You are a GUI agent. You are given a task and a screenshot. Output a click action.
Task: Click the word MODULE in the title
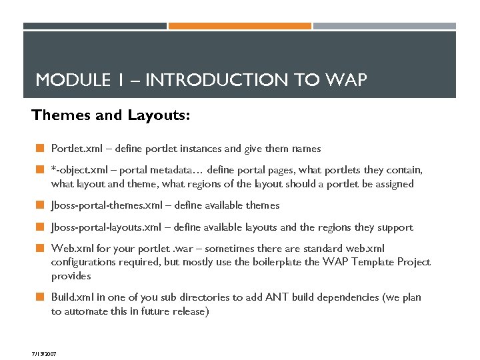(65, 81)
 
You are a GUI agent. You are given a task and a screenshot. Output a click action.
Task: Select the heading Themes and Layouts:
(111, 116)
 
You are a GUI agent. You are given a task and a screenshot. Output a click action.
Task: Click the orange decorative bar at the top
(239, 26)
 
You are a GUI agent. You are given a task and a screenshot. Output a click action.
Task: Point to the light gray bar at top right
(384, 26)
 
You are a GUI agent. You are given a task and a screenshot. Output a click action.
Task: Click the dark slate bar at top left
(95, 26)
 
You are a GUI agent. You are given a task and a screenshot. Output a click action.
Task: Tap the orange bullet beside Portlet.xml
(40, 149)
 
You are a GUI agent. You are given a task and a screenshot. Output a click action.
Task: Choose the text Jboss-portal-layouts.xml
(109, 227)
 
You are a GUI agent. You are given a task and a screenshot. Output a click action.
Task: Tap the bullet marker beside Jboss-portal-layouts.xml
(40, 227)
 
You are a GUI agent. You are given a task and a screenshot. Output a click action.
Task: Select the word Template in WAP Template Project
(372, 262)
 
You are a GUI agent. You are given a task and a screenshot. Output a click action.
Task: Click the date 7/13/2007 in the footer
(43, 353)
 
